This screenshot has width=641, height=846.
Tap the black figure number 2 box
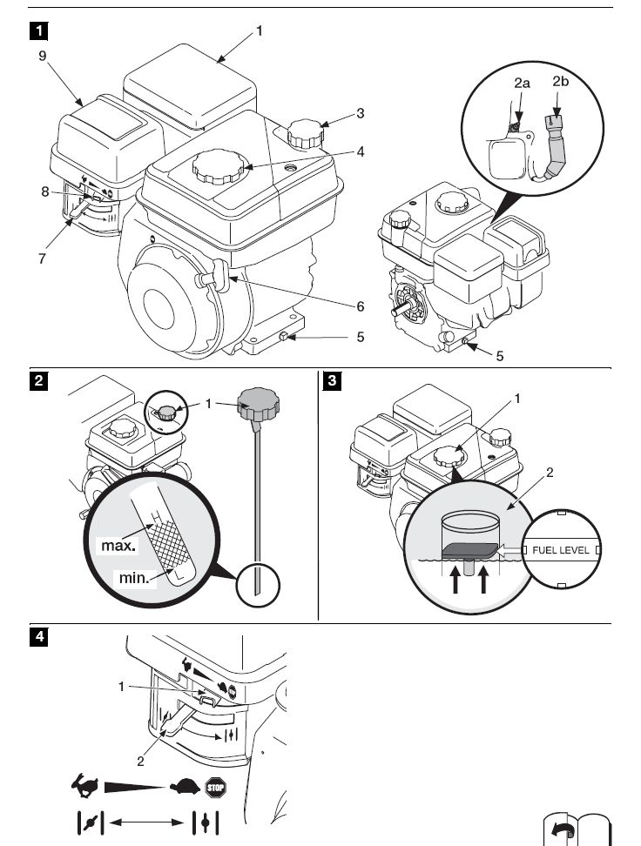click(x=39, y=380)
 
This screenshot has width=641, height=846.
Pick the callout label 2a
click(x=522, y=84)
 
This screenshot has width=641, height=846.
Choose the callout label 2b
click(x=560, y=82)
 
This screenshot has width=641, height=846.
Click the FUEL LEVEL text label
click(x=563, y=551)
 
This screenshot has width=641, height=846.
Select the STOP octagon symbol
click(x=214, y=789)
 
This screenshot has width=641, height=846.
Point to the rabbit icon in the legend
click(x=87, y=788)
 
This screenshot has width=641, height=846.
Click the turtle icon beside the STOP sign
click(x=185, y=789)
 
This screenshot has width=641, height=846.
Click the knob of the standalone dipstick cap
click(x=259, y=403)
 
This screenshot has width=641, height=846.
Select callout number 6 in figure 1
click(x=361, y=306)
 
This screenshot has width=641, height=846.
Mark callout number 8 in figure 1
click(x=45, y=192)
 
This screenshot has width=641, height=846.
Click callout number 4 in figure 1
click(x=361, y=151)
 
